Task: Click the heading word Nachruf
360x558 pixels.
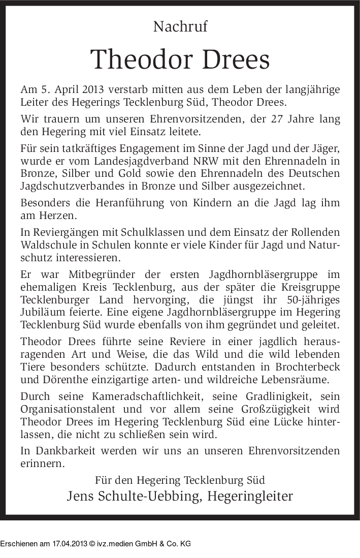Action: click(x=180, y=27)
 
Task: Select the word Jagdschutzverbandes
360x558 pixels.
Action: click(x=71, y=186)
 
